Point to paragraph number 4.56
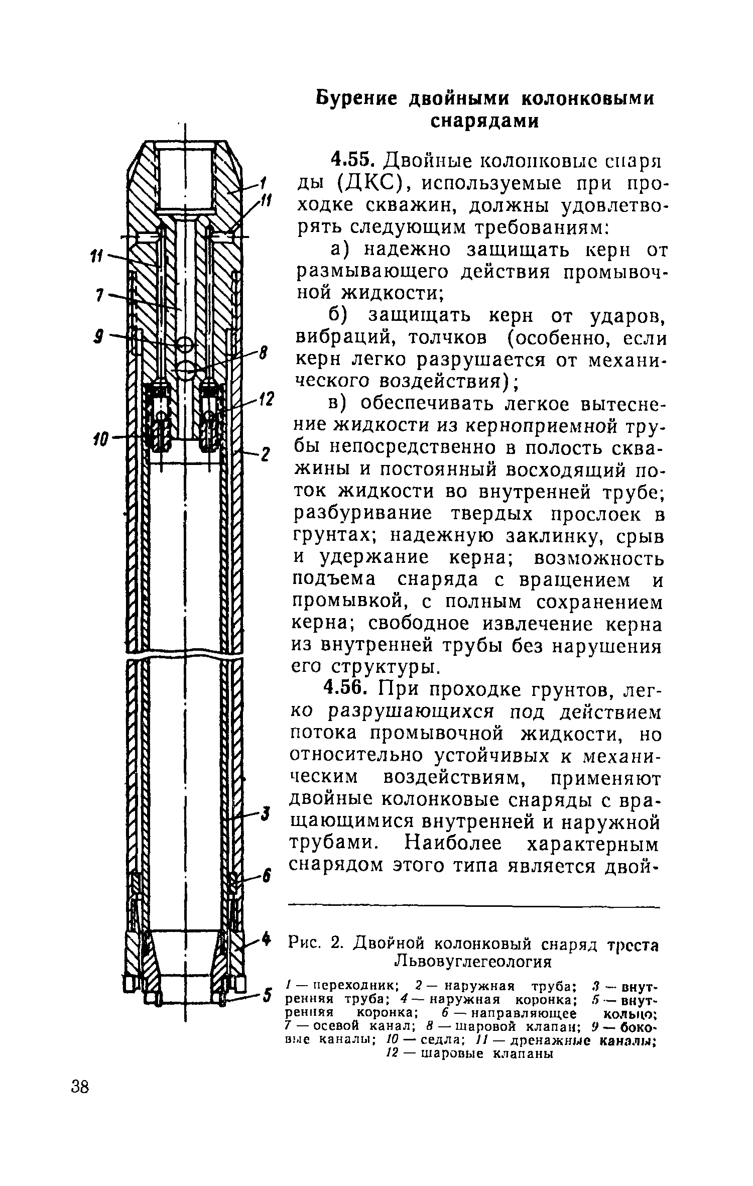click(352, 690)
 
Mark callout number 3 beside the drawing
click(266, 812)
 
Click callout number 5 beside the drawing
click(267, 995)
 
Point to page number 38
click(79, 1088)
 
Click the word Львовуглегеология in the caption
click(473, 962)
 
